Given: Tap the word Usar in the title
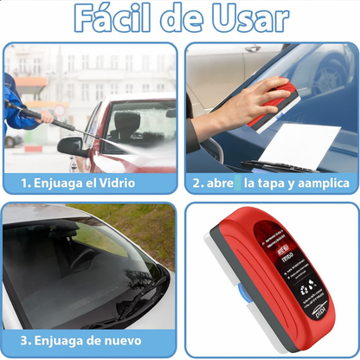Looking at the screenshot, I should [252, 20].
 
